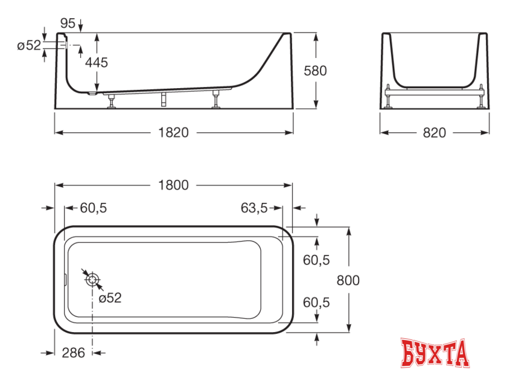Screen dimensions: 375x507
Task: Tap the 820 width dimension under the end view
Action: [x=434, y=133]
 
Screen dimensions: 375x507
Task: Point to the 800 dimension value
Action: [x=348, y=280]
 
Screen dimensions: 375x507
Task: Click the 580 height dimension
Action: [x=315, y=71]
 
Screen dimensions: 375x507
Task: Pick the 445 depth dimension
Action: [x=97, y=62]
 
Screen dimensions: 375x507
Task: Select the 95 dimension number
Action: [x=68, y=24]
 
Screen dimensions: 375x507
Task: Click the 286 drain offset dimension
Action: [x=73, y=353]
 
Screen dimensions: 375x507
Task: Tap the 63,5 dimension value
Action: [x=254, y=208]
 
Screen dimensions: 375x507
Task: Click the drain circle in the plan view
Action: [x=92, y=280]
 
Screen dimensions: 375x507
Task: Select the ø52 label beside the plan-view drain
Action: [x=110, y=298]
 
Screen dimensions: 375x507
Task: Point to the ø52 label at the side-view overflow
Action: [x=28, y=46]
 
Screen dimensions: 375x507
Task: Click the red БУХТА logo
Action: [x=435, y=353]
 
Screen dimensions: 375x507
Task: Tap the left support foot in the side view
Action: [x=112, y=103]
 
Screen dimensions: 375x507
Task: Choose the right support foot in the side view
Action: [x=216, y=101]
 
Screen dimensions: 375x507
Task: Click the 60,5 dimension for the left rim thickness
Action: [x=94, y=208]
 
